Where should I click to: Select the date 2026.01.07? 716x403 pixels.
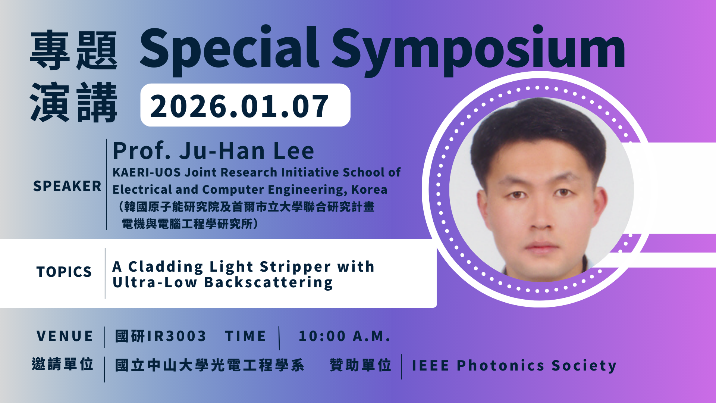[239, 106]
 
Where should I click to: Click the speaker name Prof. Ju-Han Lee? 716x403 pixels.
[213, 151]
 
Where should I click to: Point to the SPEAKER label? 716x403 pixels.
[67, 186]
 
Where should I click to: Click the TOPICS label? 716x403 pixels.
[64, 272]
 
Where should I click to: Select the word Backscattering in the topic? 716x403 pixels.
[268, 283]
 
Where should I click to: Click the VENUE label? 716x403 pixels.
[65, 336]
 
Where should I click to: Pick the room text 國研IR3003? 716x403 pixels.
[160, 336]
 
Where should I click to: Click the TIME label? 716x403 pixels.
[245, 336]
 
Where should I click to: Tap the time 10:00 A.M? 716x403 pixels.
[345, 336]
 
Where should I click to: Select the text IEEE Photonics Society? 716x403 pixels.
[514, 366]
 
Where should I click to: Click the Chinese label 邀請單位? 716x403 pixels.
[63, 364]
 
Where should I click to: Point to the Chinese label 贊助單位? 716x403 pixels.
[361, 365]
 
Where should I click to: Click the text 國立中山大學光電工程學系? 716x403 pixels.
[210, 365]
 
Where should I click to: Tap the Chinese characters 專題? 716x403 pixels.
[74, 51]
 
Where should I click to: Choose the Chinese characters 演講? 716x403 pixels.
[74, 102]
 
